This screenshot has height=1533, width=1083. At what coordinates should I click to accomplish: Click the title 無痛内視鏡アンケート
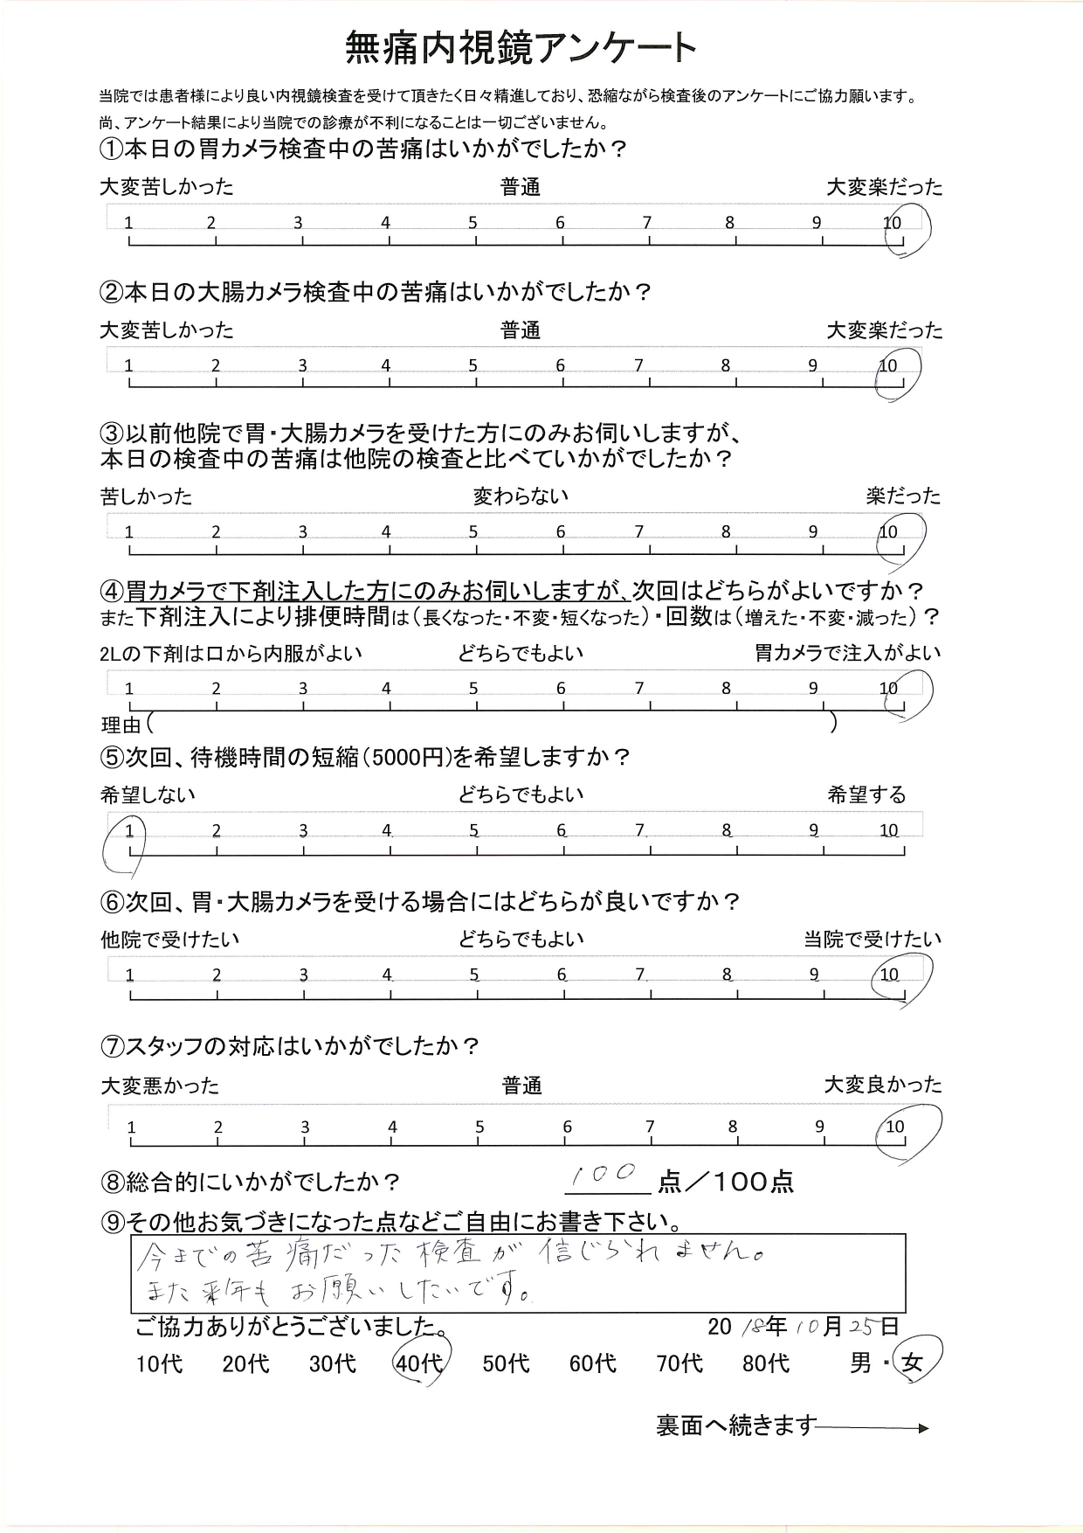pos(521,48)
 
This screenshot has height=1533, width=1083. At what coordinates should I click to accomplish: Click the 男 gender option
pos(860,1363)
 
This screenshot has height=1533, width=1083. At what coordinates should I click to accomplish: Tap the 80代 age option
pos(766,1363)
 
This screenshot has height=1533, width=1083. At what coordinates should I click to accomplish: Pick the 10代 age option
pos(160,1363)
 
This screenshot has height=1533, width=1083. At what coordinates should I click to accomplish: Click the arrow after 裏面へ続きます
pos(873,1428)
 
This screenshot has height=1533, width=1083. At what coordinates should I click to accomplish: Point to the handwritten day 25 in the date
pos(861,1327)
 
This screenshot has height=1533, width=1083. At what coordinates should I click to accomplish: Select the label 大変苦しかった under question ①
pos(167,186)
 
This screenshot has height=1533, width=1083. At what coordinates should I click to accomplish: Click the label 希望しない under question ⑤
pos(148,794)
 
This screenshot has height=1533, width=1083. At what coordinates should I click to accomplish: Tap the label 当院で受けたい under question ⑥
pos(873,940)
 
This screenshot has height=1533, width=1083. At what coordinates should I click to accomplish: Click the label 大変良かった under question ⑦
pos(883,1085)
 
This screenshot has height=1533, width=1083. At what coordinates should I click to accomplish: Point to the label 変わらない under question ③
pos(521,496)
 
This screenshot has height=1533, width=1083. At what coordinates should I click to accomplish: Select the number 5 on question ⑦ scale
pos(479,1127)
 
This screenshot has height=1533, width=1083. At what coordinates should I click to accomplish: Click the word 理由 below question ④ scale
pos(121,724)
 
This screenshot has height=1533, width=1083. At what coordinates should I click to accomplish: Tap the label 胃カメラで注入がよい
pos(848,652)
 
